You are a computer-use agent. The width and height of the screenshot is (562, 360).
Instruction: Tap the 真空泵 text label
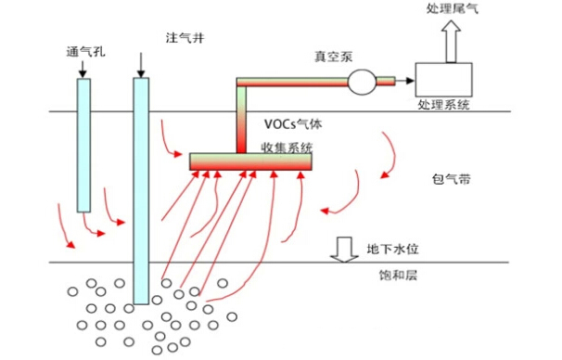point(332,58)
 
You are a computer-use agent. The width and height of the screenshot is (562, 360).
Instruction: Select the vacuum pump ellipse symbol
point(362,84)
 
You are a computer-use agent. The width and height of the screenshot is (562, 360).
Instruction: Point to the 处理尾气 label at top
point(453,8)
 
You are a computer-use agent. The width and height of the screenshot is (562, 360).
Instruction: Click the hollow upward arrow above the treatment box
point(452,41)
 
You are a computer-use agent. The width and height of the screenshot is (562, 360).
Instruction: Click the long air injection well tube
point(141,190)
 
